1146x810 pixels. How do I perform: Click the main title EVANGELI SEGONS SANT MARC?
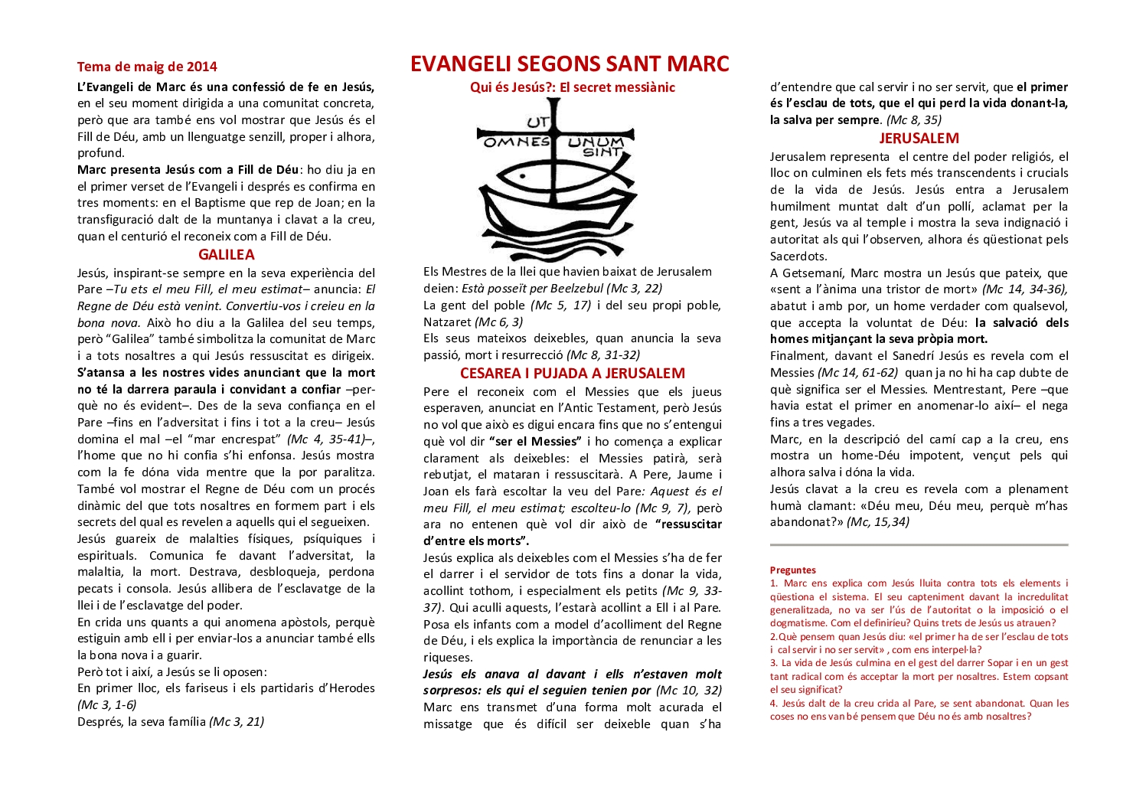click(x=570, y=64)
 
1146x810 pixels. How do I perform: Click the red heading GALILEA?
click(x=227, y=255)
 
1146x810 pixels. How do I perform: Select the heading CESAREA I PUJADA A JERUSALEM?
click(x=573, y=374)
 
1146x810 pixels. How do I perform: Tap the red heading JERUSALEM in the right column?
click(x=919, y=139)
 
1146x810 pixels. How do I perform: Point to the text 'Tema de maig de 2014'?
click(x=147, y=67)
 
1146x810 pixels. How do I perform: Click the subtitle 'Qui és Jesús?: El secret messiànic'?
click(x=573, y=87)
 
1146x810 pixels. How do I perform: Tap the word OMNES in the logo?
click(x=517, y=141)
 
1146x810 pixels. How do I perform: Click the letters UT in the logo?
click(x=537, y=122)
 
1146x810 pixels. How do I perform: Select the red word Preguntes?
click(x=792, y=570)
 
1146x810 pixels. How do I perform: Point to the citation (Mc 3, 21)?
click(x=237, y=721)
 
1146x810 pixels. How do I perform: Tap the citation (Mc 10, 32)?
click(x=688, y=691)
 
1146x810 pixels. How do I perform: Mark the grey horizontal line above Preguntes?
click(x=919, y=545)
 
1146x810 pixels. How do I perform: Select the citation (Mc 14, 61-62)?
click(x=858, y=373)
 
